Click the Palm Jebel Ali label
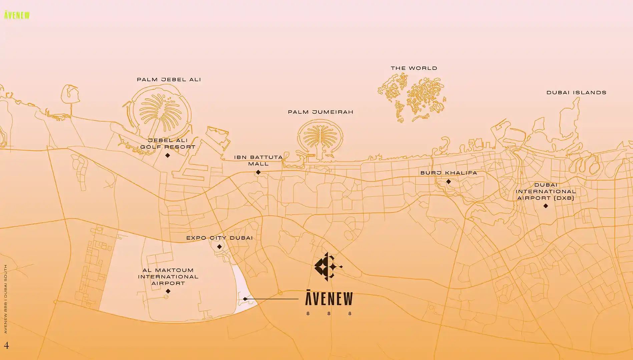click(169, 80)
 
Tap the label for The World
click(414, 68)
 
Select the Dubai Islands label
click(576, 93)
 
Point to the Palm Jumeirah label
click(321, 112)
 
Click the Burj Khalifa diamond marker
click(449, 182)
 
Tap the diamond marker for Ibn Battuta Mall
click(258, 172)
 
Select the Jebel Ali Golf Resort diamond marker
click(168, 155)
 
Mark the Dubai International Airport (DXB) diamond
click(546, 206)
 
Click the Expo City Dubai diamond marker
click(219, 247)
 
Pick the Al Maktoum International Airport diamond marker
click(168, 291)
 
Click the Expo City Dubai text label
click(219, 238)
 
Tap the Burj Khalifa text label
click(449, 173)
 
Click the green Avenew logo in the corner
click(17, 15)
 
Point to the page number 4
click(6, 345)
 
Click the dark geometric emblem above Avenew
click(327, 267)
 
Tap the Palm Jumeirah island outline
click(320, 138)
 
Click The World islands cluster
click(413, 97)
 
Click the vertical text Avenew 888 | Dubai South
click(5, 299)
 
